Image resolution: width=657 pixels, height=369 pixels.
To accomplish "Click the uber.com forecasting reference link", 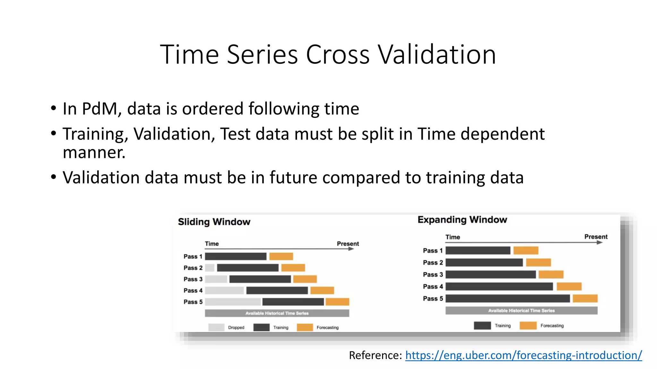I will (523, 355).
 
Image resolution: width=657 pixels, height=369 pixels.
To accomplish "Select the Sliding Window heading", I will (214, 222).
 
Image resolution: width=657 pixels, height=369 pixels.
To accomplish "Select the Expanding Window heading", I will (462, 220).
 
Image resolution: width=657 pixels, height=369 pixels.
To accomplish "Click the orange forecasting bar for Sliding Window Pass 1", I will (281, 256).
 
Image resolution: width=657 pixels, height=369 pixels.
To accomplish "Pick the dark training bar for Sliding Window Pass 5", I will (293, 302).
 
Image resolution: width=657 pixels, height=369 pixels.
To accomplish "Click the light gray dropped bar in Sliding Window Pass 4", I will (224, 291).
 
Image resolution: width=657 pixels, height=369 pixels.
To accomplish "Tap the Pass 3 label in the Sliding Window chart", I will (193, 279).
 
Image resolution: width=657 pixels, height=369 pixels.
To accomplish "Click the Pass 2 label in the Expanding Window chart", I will (432, 263).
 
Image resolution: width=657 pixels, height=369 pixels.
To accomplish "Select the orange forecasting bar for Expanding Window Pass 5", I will (585, 299).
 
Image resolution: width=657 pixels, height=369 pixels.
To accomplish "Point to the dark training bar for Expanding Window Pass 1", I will (478, 250).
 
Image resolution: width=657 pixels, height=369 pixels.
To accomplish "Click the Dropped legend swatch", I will (216, 327).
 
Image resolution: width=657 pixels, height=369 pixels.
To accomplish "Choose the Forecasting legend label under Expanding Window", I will (552, 326).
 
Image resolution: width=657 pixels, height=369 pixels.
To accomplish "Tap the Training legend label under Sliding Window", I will (281, 327).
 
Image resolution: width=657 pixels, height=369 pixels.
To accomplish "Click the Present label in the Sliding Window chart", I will (348, 244).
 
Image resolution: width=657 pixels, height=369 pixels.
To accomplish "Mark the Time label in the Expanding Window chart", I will (453, 237).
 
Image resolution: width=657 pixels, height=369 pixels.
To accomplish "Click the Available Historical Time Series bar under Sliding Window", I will (277, 313).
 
